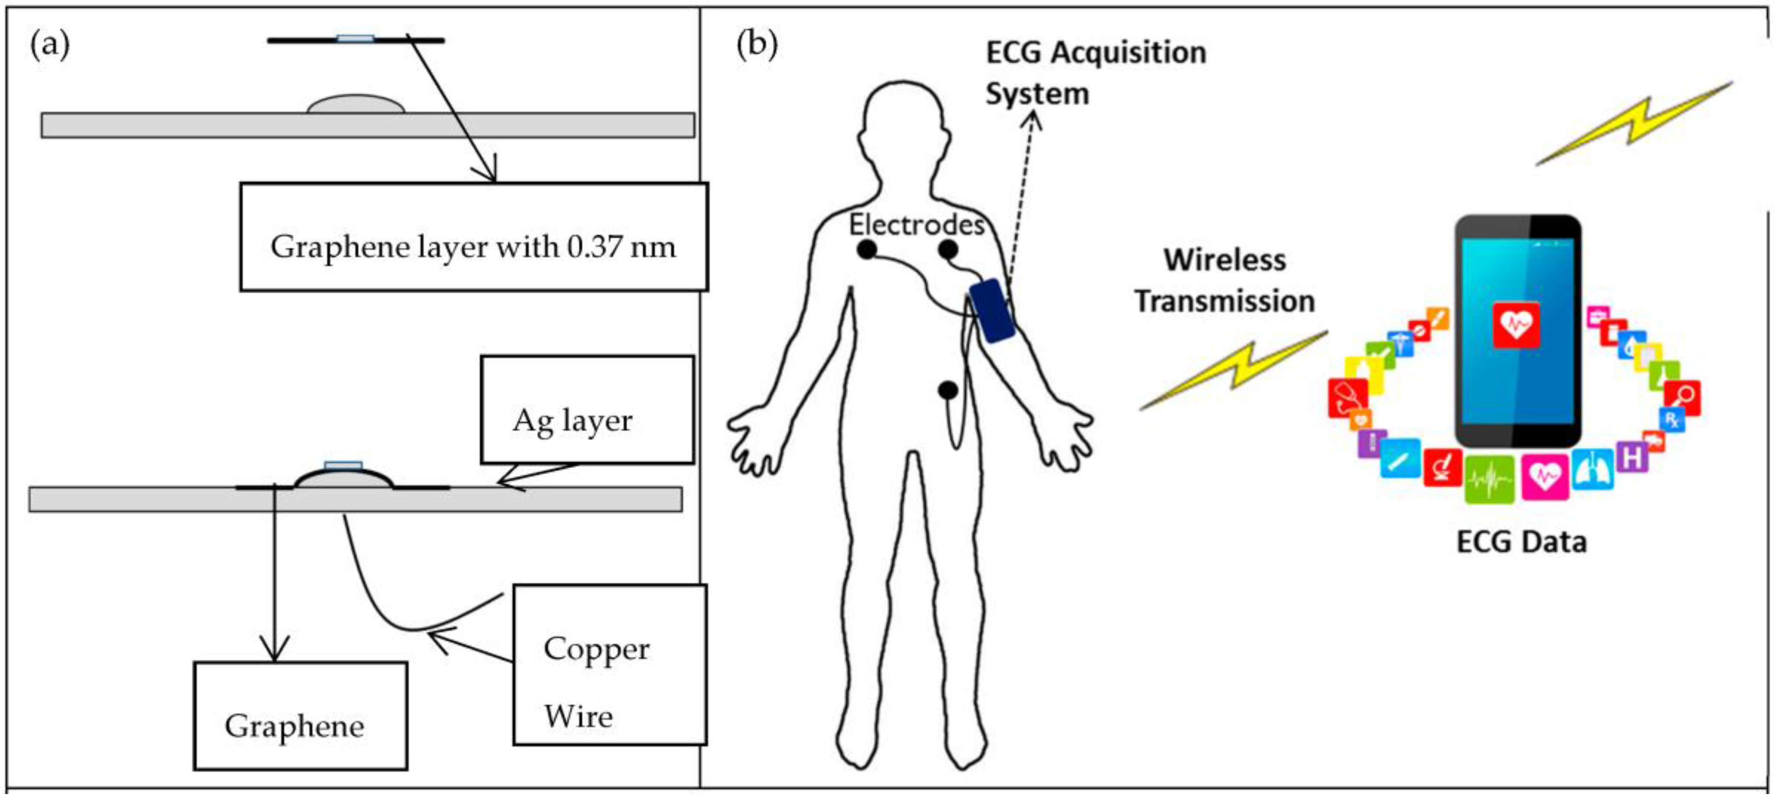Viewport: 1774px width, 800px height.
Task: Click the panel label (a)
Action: click(x=49, y=46)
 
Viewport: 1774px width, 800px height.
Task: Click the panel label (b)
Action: click(x=756, y=45)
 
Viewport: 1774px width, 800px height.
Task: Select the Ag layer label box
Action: click(x=586, y=410)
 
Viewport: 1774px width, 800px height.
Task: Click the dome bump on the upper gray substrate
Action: click(x=356, y=105)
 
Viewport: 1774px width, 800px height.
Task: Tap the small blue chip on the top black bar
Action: click(x=356, y=39)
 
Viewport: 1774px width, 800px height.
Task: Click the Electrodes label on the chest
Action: click(x=916, y=224)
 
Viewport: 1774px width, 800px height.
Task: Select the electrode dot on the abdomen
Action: click(x=948, y=390)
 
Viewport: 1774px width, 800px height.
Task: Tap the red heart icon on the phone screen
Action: click(x=1516, y=323)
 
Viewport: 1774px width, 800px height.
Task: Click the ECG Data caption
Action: click(x=1521, y=542)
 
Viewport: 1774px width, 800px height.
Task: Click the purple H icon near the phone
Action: click(x=1631, y=456)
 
